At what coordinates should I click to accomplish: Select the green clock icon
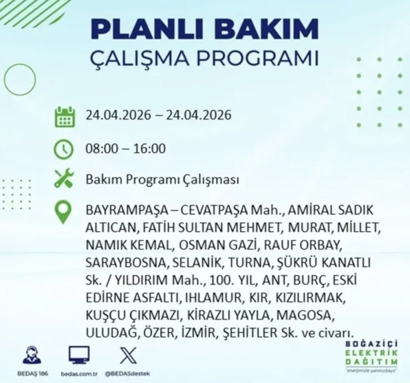[x=64, y=149]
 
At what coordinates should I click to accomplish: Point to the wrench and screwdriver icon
[x=64, y=178]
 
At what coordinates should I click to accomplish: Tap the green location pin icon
[x=63, y=213]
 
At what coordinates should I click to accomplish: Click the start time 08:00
[x=102, y=148]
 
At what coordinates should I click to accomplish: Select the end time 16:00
[x=149, y=148]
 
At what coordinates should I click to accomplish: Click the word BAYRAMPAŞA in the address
[x=127, y=210]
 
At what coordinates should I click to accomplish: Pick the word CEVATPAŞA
[x=214, y=210]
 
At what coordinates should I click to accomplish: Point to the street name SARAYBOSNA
[x=126, y=263]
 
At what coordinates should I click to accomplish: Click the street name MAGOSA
[x=304, y=315]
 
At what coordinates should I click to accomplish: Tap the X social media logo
[x=128, y=355]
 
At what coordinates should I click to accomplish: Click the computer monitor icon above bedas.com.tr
[x=79, y=355]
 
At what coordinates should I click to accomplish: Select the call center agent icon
[x=32, y=355]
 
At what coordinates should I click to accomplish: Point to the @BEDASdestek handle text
[x=127, y=374]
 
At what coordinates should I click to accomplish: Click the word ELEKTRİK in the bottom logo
[x=372, y=353]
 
